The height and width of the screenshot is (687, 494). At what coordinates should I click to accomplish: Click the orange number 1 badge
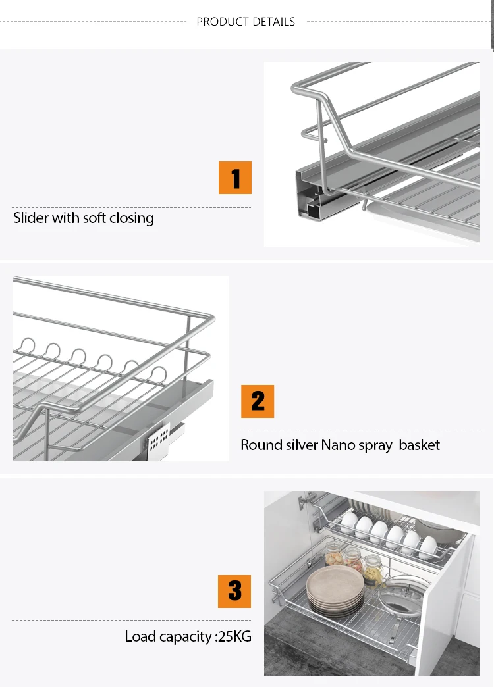tap(235, 178)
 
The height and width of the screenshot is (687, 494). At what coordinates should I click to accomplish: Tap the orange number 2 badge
tap(258, 401)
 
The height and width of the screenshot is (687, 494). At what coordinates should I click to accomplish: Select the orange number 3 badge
tap(235, 591)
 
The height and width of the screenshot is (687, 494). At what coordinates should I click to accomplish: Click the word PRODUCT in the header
tap(221, 22)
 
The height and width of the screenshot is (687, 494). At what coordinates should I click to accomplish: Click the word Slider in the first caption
tap(31, 218)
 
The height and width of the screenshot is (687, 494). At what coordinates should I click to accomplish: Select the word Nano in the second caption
tap(338, 445)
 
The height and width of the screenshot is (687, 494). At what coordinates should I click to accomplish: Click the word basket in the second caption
tap(419, 445)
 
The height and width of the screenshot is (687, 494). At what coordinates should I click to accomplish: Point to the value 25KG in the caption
tap(236, 636)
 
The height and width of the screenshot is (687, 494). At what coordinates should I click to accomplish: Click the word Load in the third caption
tap(140, 636)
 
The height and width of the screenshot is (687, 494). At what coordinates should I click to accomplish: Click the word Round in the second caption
tap(261, 445)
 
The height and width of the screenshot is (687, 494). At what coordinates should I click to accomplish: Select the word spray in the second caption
tap(375, 446)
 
